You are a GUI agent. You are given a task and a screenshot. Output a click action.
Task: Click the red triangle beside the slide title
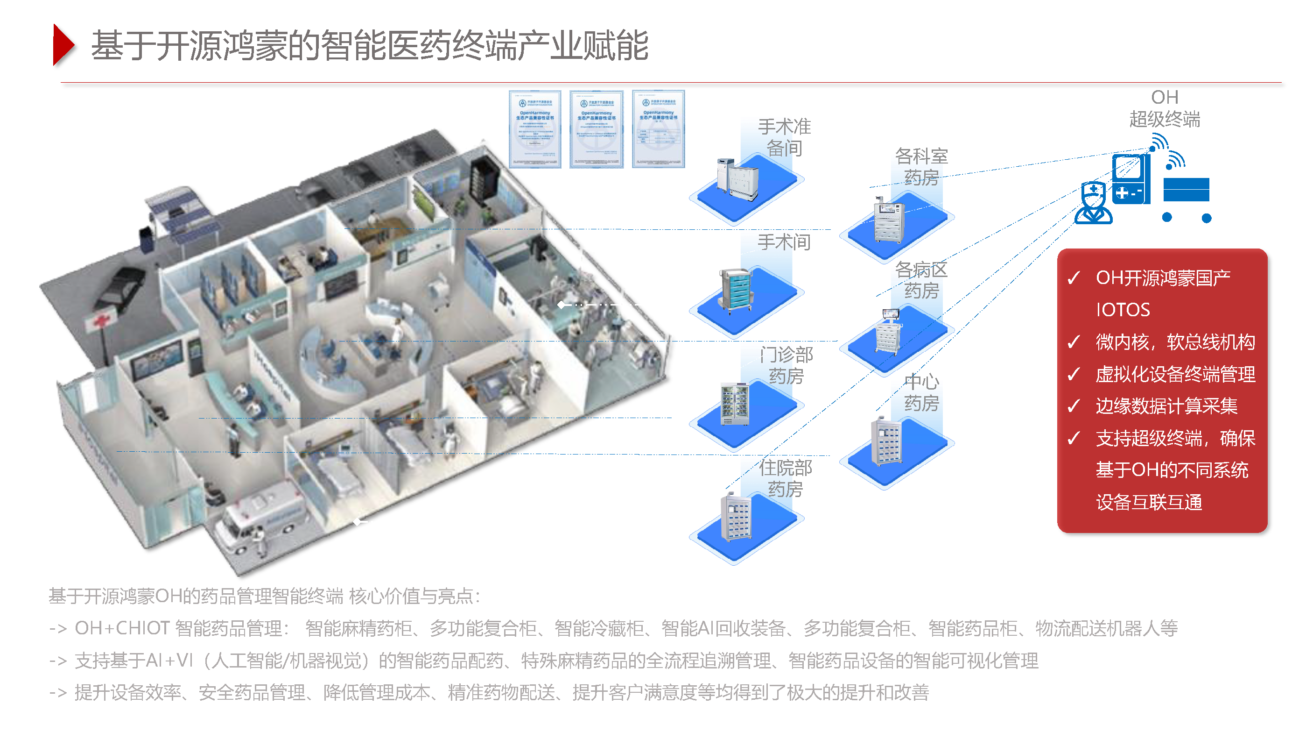[63, 45]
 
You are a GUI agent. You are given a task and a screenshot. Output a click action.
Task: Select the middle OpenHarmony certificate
[597, 129]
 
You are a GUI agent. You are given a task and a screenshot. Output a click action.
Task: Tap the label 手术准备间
[784, 137]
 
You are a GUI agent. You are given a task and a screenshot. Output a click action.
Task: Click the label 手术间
[784, 242]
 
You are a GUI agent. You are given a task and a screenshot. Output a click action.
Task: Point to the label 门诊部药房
[786, 365]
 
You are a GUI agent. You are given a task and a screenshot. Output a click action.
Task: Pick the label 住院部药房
[785, 478]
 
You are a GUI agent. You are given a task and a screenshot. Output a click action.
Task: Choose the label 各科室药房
[921, 166]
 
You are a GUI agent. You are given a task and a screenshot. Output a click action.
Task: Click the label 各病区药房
[921, 280]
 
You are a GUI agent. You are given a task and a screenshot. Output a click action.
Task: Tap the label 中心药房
[921, 392]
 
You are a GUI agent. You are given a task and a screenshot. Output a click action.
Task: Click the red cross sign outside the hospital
[101, 321]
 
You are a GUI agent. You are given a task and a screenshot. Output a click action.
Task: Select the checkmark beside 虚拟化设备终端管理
[1074, 374]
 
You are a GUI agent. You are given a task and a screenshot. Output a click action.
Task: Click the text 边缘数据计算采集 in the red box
[1166, 406]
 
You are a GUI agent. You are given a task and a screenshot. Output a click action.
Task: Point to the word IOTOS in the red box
[1123, 310]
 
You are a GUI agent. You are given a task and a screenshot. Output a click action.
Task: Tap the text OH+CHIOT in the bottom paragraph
[122, 628]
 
